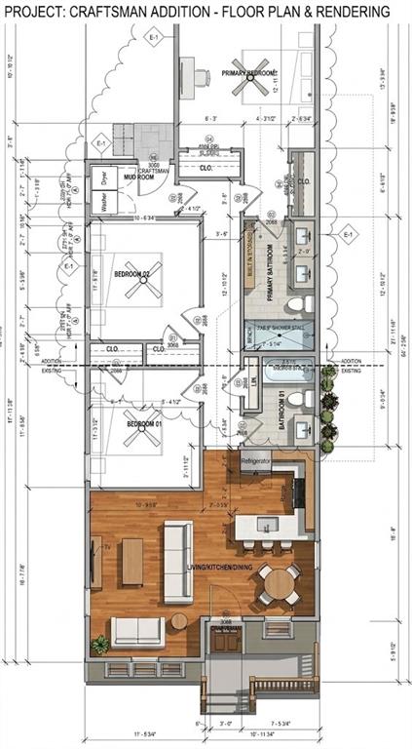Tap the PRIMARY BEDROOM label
coord(249,73)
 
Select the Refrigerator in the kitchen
coord(255,461)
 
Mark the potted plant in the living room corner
coord(99,645)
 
